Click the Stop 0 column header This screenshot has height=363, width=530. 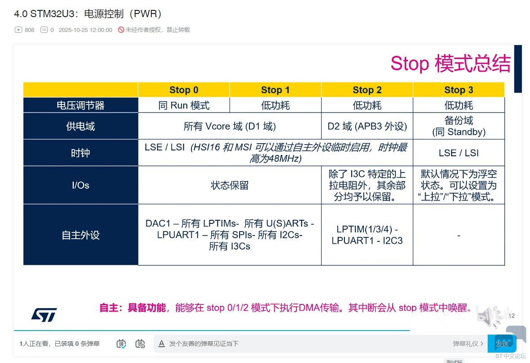pos(184,90)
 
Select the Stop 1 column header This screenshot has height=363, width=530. pos(275,90)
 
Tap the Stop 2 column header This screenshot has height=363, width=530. pos(367,90)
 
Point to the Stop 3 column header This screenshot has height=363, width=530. pos(459,90)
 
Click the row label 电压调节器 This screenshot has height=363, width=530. pos(81,105)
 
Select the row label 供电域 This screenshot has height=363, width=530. pos(81,126)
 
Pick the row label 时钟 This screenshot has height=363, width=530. pos(81,153)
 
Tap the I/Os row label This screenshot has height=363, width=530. pos(81,185)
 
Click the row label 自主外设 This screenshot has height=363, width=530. pos(81,235)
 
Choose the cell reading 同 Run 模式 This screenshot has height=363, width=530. pos(184,105)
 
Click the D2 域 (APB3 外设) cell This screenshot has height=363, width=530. pos(367,126)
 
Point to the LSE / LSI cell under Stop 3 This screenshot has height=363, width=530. pos(459,153)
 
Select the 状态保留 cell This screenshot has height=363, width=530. pos(230,185)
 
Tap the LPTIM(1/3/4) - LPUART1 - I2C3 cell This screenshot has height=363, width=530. pos(367,235)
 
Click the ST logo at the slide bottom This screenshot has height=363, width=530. pos(44,315)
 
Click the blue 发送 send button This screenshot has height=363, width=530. pos(502,344)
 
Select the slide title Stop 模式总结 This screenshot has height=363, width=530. pos(451,63)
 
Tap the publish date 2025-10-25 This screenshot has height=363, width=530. pos(73,30)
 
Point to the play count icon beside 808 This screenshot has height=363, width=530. pos(18,30)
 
